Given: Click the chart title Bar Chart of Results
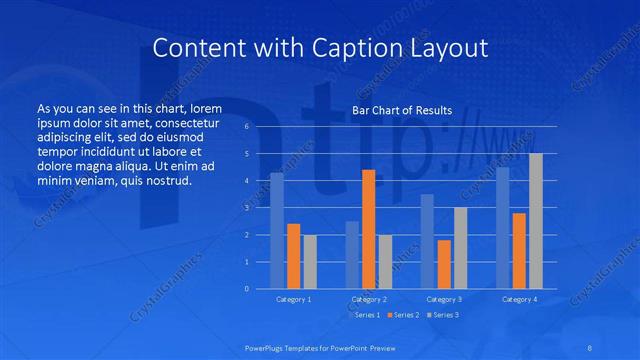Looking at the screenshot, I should tap(403, 111).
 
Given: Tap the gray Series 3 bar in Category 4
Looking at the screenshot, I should tap(536, 221).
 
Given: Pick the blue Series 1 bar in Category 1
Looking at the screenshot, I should tap(277, 231).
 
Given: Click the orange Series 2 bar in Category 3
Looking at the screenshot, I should tap(444, 264).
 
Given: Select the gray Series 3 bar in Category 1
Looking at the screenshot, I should tap(310, 262).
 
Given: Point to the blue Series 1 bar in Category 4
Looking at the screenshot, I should tap(503, 228).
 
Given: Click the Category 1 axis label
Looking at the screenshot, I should tap(294, 299).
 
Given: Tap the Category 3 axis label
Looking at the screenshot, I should tap(444, 299).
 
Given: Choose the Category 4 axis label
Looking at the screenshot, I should tap(519, 299).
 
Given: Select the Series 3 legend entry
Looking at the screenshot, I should tap(443, 315).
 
